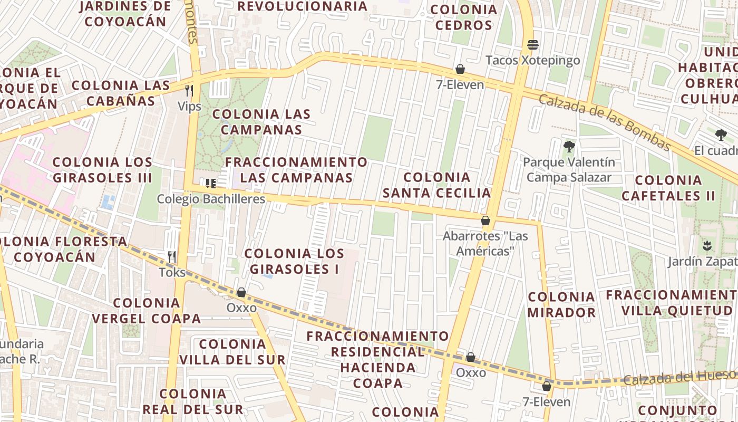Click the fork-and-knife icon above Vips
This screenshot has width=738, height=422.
(x=189, y=91)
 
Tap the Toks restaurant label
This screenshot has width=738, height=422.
(x=172, y=272)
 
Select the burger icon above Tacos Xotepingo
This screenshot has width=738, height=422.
(x=533, y=44)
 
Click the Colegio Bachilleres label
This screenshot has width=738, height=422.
(x=211, y=199)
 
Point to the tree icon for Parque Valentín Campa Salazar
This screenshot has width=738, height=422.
(x=569, y=147)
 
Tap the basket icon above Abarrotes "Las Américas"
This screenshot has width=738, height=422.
(x=485, y=220)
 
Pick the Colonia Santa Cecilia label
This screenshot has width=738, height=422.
(x=436, y=185)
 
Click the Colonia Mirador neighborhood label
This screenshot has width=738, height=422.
(x=561, y=304)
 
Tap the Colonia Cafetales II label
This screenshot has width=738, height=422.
(x=668, y=188)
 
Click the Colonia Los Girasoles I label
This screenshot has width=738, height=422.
(x=294, y=261)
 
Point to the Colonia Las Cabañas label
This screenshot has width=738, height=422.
(x=121, y=93)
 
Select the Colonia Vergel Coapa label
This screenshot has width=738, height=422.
(x=146, y=311)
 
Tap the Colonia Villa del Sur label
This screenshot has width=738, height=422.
(x=232, y=352)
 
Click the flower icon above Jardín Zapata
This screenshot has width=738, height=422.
(x=706, y=245)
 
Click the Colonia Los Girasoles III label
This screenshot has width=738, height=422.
(x=102, y=169)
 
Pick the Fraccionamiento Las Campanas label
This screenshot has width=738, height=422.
(x=296, y=169)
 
